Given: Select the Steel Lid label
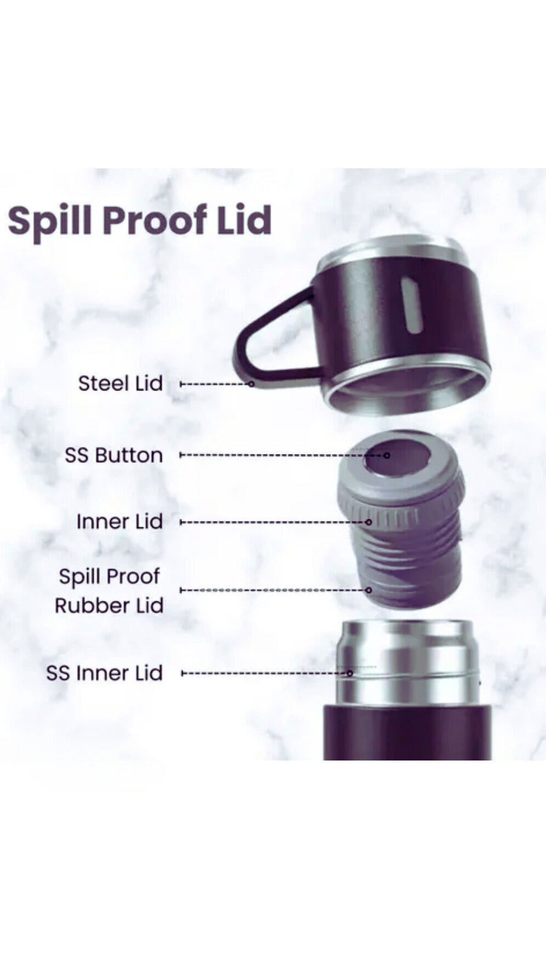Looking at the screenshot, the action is (120, 383).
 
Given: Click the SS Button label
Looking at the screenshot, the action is (113, 455).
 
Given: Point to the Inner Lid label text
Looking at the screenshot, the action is (120, 521).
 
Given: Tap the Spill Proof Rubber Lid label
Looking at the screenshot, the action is (109, 591).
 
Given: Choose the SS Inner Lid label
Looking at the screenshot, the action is (104, 673).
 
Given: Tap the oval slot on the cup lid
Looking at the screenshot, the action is (411, 305).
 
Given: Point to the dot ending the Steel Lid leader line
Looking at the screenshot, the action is (252, 384).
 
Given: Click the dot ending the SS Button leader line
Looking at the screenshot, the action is (386, 455).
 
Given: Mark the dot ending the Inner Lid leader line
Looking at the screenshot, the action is (368, 522).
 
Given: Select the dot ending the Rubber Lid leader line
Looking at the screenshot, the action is (369, 590).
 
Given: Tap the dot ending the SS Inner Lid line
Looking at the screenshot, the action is (350, 673).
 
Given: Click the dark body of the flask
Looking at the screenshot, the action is (407, 732).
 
